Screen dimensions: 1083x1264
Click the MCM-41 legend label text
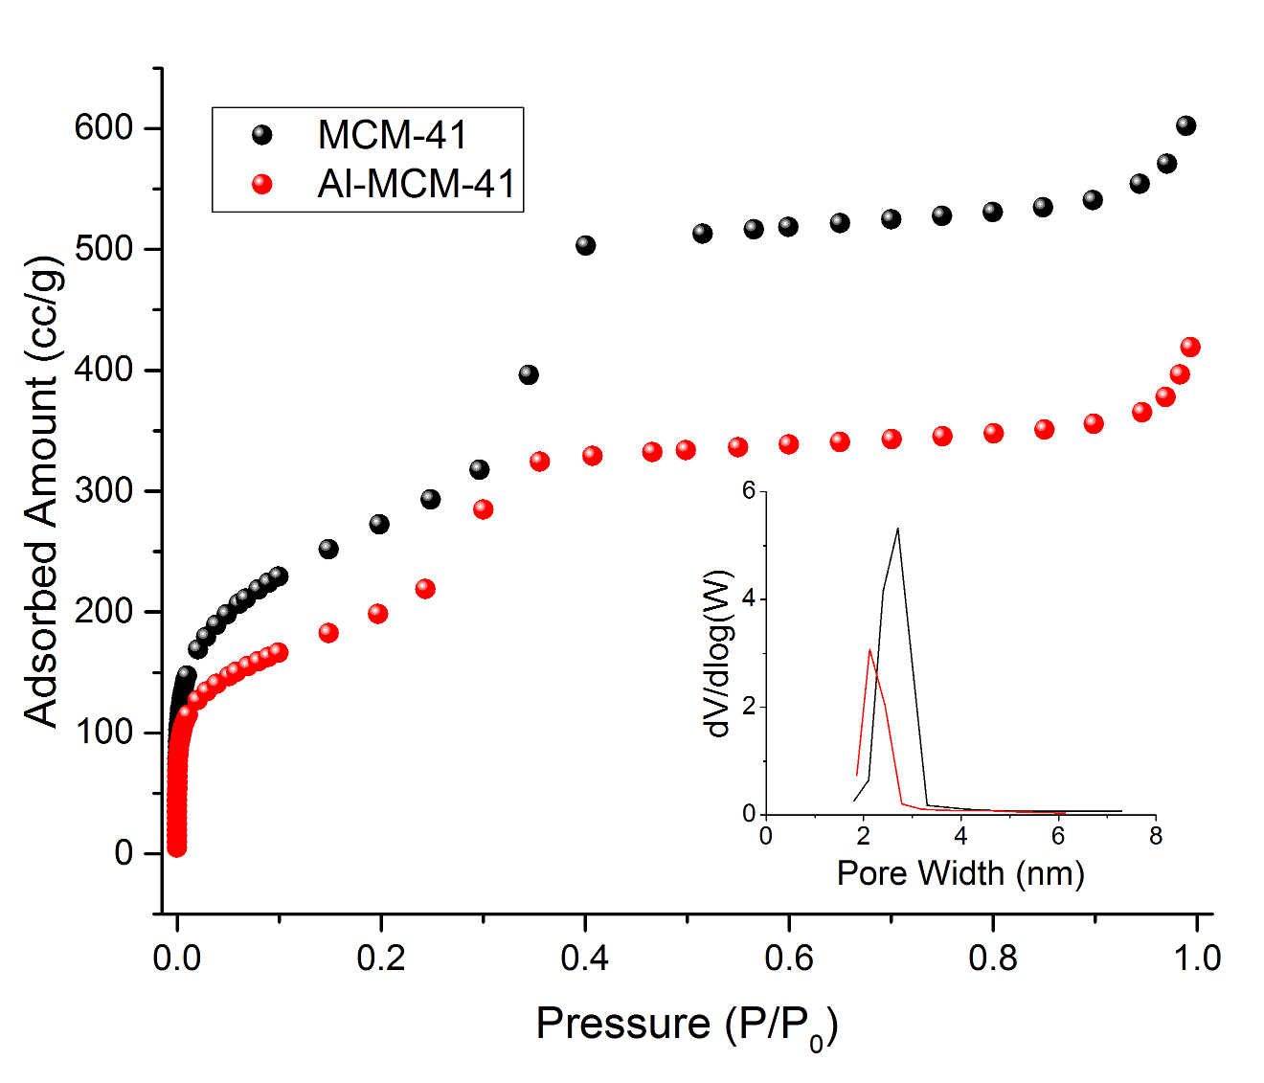(x=393, y=135)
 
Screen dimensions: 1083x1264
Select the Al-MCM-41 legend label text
(x=417, y=184)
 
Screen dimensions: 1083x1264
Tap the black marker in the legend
(x=261, y=135)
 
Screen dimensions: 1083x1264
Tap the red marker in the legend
(x=261, y=184)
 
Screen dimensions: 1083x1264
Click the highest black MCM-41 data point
(x=1185, y=125)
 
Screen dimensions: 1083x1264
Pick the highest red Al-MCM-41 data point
(x=1190, y=347)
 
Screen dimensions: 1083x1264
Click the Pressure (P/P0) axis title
(x=687, y=1025)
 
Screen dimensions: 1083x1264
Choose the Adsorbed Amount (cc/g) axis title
(x=42, y=490)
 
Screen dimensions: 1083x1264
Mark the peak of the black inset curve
(x=897, y=528)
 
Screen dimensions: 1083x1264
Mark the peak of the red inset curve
(x=869, y=649)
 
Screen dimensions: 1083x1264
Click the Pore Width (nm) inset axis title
(x=959, y=873)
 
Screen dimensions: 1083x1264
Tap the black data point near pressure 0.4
(x=585, y=245)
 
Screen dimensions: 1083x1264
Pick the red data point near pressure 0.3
(x=483, y=509)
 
